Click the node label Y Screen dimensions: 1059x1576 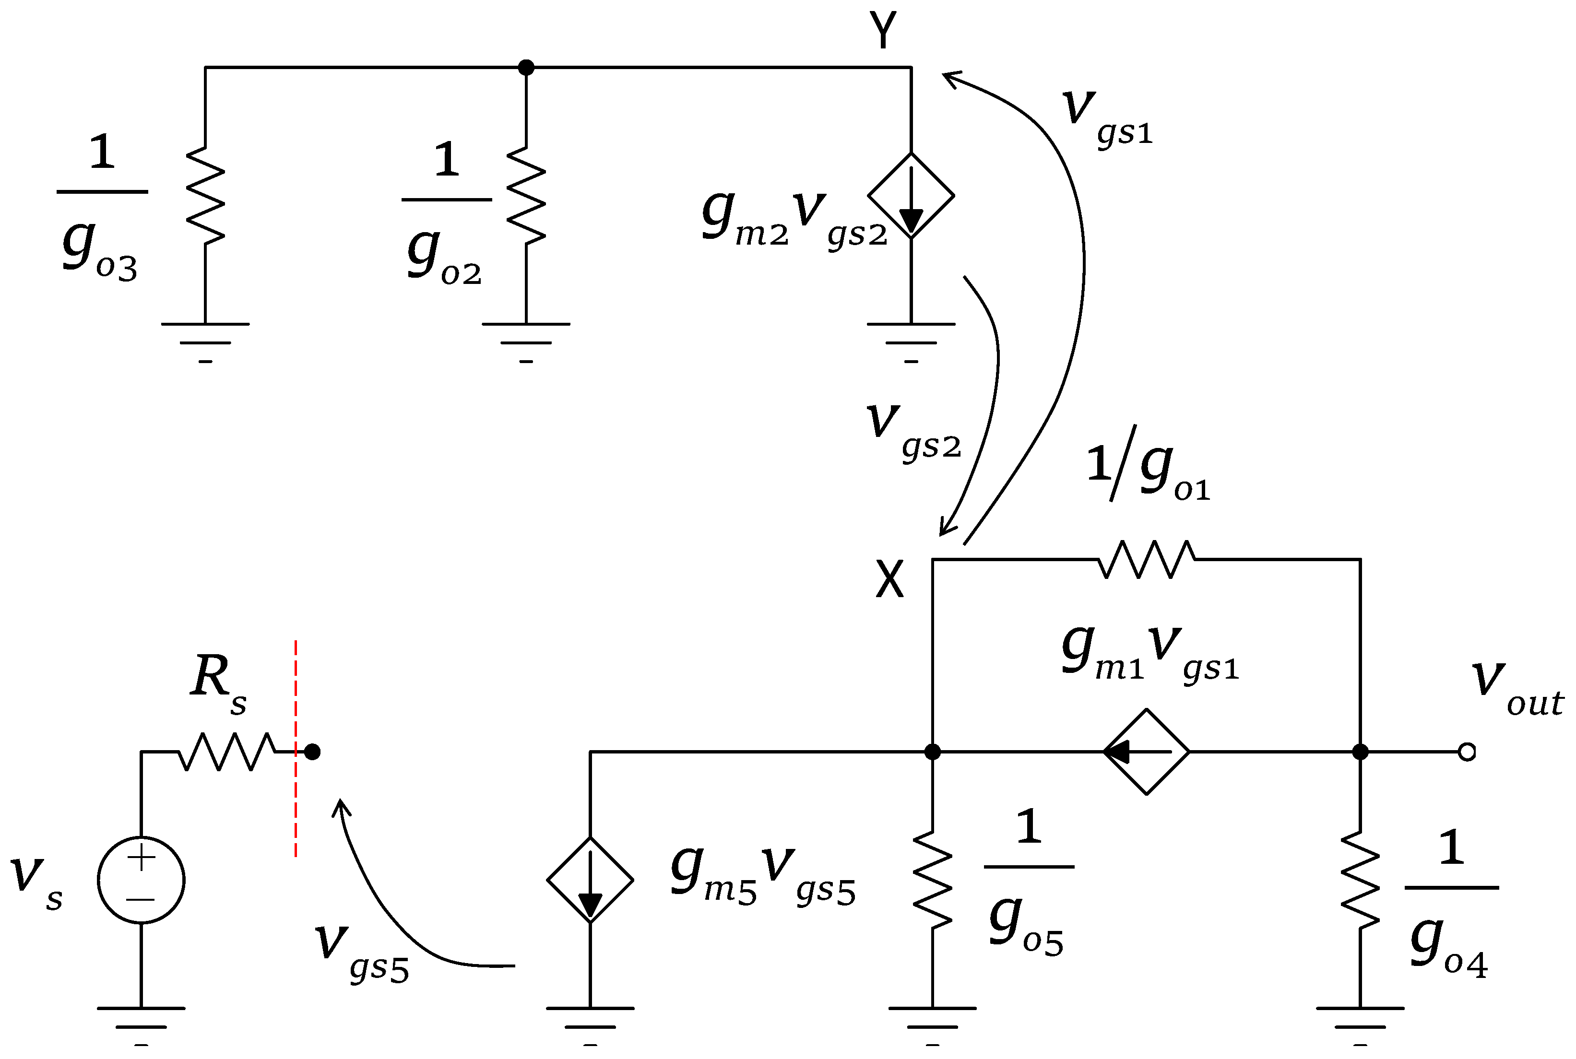[882, 30]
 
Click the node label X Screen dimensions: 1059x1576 [889, 579]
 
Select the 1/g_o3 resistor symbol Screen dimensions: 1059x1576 [205, 196]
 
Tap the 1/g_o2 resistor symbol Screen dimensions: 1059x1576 [525, 196]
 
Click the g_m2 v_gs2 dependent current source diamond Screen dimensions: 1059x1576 [911, 196]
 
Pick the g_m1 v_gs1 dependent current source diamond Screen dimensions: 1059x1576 [1146, 752]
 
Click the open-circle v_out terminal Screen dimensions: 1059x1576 [1467, 752]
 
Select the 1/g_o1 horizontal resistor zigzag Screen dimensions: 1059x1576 [1146, 559]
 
